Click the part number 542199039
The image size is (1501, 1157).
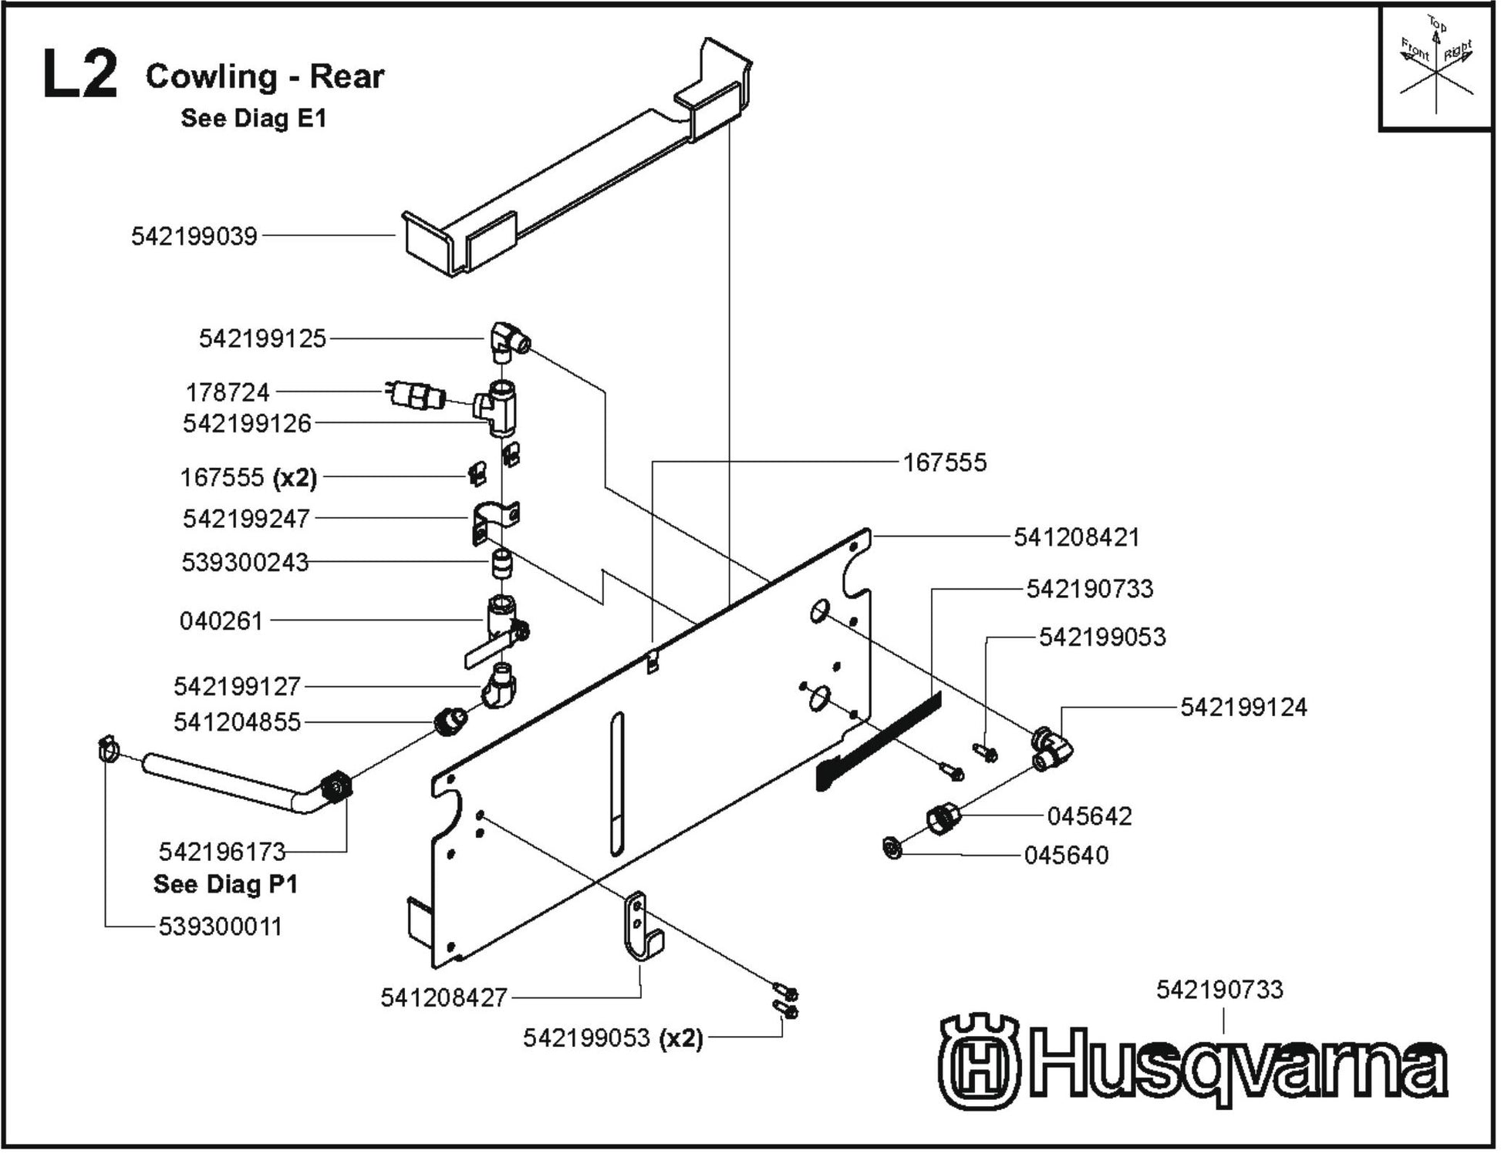coord(194,236)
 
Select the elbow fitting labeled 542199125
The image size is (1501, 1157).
coord(508,341)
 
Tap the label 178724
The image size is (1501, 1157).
coord(228,392)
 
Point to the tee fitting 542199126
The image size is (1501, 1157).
coord(500,407)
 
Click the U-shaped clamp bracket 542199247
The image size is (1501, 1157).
coord(494,521)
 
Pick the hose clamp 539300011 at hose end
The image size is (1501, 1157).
coord(109,748)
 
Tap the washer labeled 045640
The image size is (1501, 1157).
coord(893,849)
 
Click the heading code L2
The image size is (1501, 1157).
coord(80,75)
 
